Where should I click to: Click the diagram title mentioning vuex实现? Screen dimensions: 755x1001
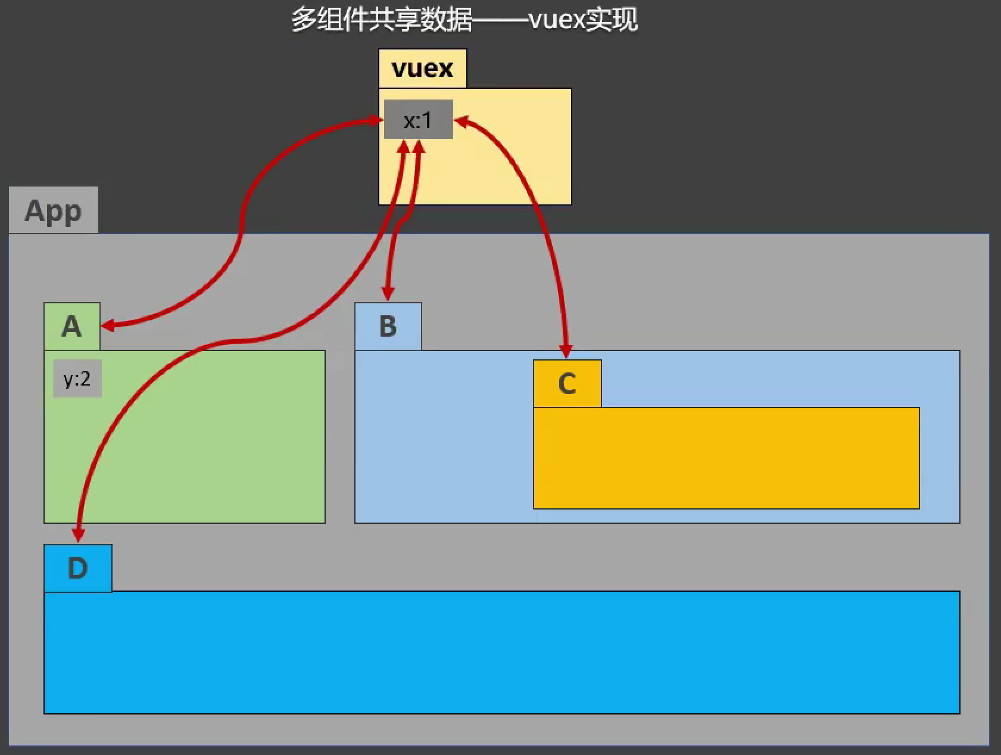coord(464,20)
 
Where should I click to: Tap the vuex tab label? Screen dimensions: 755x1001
coord(422,69)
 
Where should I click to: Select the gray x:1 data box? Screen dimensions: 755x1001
coord(418,120)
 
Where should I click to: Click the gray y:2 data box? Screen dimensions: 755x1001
coord(77,378)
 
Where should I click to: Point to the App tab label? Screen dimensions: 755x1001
coord(53,210)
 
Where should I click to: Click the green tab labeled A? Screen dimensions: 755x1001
coord(71,327)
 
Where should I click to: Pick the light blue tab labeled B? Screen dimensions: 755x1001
coord(388,327)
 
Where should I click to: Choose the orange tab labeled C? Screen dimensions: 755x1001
coord(567,384)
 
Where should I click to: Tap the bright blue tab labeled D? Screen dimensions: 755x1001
coord(77,568)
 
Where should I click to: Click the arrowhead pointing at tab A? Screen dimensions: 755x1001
coord(108,325)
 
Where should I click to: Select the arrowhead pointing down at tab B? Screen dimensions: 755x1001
coord(388,294)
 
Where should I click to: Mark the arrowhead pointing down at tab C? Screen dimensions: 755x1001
coord(566,351)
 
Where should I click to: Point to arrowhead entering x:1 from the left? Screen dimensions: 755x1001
coord(376,120)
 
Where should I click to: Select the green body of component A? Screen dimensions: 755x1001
coord(185,453)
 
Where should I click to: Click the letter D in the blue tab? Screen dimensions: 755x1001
coord(77,568)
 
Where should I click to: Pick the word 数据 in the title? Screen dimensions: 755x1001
coord(446,20)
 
